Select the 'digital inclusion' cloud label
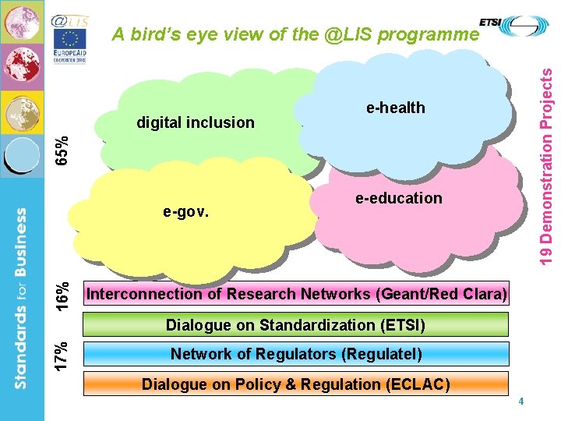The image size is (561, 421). click(x=195, y=122)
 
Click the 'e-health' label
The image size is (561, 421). click(x=396, y=108)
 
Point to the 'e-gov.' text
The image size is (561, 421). click(x=185, y=210)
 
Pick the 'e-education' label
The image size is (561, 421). click(x=398, y=198)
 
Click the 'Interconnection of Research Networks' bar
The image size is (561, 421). click(x=296, y=294)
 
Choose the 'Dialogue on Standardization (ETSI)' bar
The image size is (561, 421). click(x=295, y=324)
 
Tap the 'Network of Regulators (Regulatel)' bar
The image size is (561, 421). click(x=295, y=354)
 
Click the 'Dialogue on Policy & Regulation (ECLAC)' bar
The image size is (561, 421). click(x=295, y=384)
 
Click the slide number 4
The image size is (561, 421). click(x=520, y=402)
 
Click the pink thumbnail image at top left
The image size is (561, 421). click(x=22, y=22)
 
